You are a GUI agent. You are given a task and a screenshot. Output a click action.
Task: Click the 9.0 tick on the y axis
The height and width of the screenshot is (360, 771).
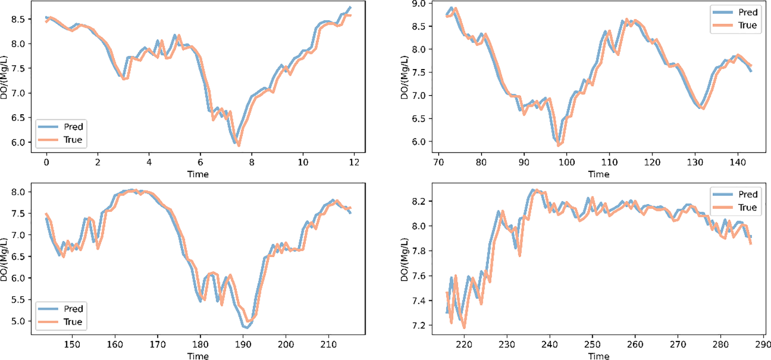[419, 4]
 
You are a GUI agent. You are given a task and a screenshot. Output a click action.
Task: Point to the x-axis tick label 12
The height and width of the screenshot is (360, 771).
[354, 162]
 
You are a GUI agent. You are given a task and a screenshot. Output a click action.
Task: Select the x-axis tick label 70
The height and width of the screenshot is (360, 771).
[438, 162]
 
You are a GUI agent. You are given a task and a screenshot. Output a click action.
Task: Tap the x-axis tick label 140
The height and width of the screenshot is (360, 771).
[737, 162]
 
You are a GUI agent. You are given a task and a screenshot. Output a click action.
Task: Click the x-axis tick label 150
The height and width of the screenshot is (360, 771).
[72, 345]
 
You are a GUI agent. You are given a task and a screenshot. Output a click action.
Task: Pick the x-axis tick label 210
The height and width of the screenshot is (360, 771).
[329, 345]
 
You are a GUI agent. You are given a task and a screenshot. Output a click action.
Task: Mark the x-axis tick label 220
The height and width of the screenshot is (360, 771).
[464, 345]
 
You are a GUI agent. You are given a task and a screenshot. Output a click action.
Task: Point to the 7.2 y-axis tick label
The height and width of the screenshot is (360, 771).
[419, 325]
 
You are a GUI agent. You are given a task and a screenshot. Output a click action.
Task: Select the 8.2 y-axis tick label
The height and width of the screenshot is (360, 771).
[419, 201]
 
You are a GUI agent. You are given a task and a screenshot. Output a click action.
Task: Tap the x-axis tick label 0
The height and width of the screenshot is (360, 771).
[46, 162]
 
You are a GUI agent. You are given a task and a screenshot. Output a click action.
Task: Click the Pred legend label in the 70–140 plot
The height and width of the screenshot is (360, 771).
[748, 12]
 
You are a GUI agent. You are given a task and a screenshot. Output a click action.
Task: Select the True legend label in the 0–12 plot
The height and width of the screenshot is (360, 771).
[73, 139]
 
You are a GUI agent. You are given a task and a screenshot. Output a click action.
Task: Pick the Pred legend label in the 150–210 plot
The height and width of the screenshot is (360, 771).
[73, 309]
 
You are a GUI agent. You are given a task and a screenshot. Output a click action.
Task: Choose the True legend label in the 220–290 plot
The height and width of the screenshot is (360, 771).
[748, 208]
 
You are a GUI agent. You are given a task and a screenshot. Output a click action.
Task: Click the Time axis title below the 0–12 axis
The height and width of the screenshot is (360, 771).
[198, 174]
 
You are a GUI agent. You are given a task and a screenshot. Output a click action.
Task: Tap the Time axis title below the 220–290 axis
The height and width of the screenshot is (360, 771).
[599, 356]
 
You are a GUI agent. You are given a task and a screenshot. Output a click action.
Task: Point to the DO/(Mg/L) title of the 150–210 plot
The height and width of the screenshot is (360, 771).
[4, 259]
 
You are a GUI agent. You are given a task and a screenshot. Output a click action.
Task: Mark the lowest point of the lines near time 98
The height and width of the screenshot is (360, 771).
[558, 145]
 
